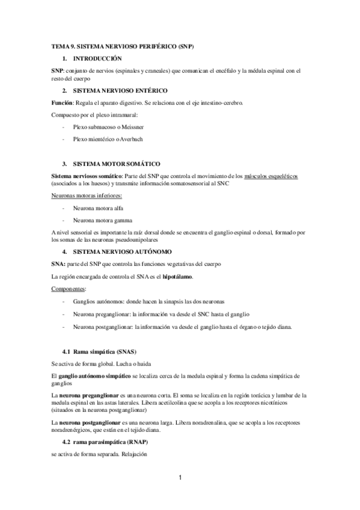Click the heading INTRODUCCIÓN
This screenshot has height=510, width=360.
click(97, 58)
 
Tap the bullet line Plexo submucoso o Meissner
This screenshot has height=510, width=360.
click(108, 127)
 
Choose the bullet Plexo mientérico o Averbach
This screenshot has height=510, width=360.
click(108, 140)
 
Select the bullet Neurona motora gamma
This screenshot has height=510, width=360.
click(102, 220)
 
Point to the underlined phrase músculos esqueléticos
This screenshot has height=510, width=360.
click(271, 176)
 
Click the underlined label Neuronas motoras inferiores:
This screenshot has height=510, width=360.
click(87, 195)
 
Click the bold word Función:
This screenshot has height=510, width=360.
click(63, 103)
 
